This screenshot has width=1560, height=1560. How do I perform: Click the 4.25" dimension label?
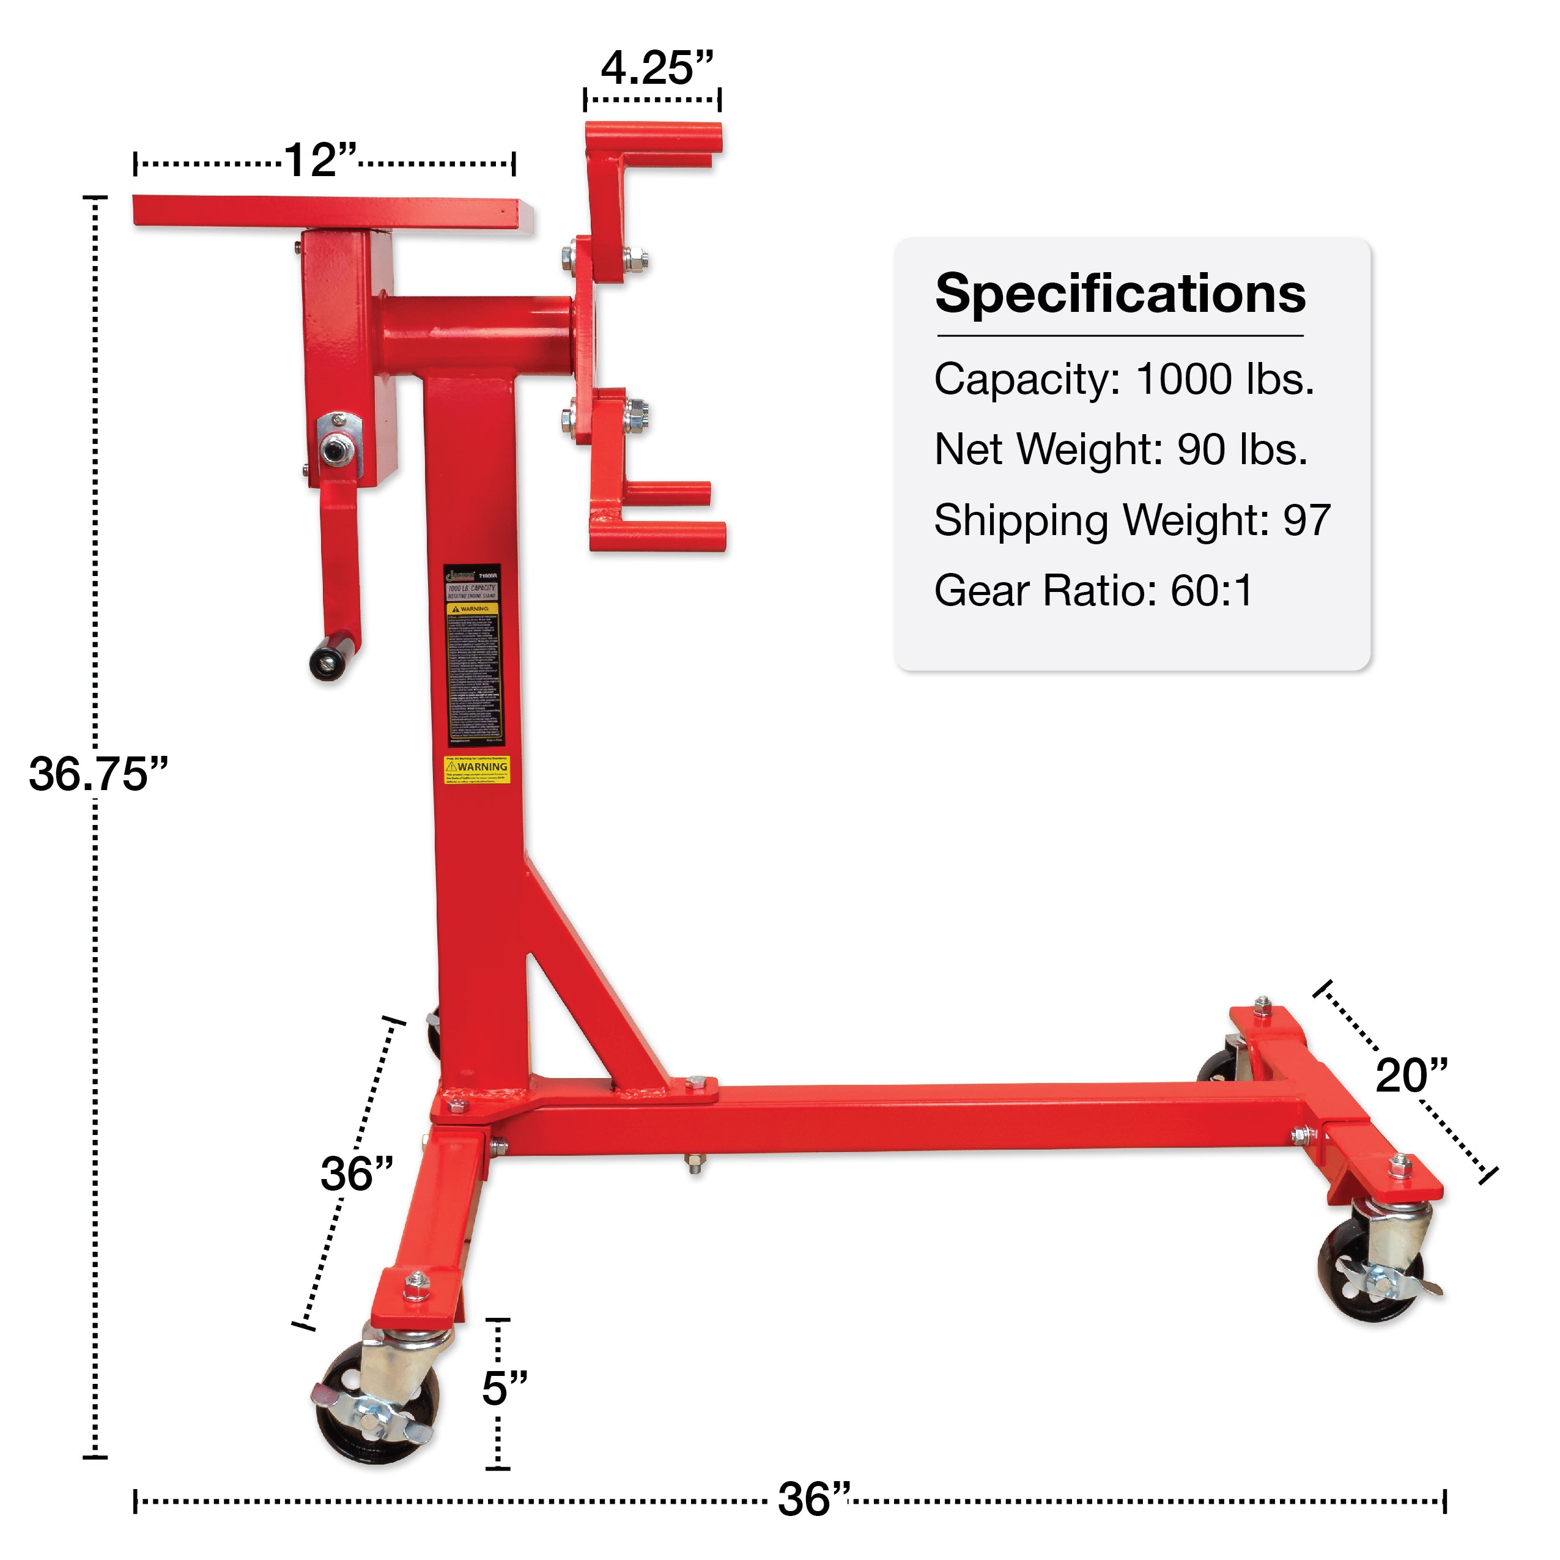coord(656,68)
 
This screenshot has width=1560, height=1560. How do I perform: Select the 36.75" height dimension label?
coord(98,774)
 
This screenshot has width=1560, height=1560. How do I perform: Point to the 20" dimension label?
coord(1411,1076)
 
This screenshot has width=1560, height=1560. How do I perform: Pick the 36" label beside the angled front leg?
coord(356,1174)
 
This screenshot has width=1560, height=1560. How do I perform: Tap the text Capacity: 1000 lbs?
coord(1124,379)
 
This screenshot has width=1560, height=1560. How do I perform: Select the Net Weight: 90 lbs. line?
coord(1120,449)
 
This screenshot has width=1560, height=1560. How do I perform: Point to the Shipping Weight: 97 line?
coord(1132,520)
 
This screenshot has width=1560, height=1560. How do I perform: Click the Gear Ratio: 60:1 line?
coord(1093,590)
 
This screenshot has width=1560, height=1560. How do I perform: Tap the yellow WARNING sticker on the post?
coord(477,769)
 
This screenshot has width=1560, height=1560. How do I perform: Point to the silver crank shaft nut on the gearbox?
coord(333,449)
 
